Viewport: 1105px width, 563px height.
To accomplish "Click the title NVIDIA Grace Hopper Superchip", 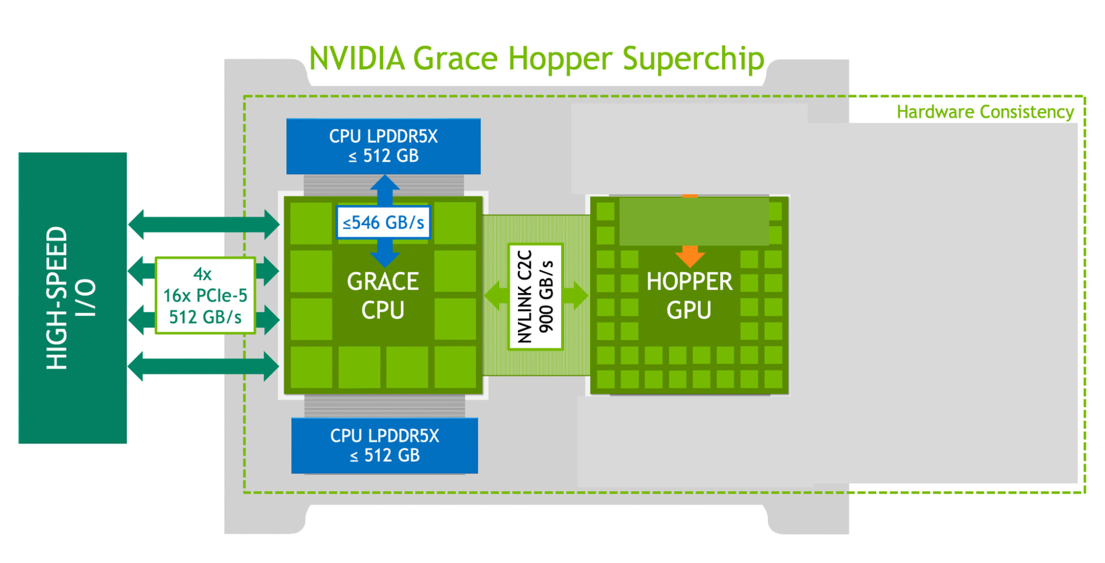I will (536, 59).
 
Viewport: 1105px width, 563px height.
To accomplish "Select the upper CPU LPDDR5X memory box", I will (383, 146).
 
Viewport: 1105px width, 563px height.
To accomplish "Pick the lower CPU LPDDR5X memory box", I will (384, 446).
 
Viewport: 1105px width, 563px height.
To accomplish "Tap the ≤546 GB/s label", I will (383, 222).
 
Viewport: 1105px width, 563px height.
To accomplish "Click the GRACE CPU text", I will (383, 295).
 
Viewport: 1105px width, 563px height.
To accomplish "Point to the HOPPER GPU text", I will (689, 295).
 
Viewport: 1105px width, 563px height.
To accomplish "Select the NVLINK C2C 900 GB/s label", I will (535, 296).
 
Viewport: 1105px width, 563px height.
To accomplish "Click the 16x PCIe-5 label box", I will (205, 295).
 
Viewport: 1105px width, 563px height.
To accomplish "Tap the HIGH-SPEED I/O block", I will (73, 298).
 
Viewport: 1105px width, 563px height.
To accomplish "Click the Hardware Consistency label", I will (985, 112).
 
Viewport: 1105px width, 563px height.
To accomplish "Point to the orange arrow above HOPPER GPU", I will (689, 255).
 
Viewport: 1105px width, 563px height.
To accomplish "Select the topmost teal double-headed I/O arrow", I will (204, 225).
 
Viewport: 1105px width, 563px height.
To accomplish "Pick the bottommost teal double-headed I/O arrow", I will (204, 366).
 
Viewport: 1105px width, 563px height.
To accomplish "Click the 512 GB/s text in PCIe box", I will (205, 317).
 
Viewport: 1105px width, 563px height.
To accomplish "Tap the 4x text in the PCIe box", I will (202, 274).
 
